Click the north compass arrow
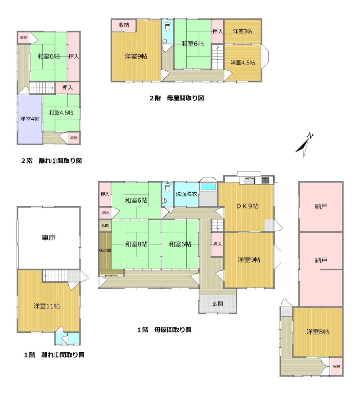click(x=304, y=145)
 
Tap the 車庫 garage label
click(x=49, y=237)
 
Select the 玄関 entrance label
click(x=217, y=304)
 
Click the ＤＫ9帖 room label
click(x=247, y=206)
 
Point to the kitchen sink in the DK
click(x=249, y=180)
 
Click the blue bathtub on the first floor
click(x=208, y=187)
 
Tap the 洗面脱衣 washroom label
click(x=186, y=194)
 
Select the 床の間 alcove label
click(x=105, y=250)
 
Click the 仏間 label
click(x=105, y=226)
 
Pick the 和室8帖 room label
click(x=136, y=244)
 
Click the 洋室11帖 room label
click(x=47, y=306)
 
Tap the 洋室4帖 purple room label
click(x=30, y=118)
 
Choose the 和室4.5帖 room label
click(x=61, y=113)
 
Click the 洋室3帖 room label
click(x=243, y=31)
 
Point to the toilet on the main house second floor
click(x=168, y=26)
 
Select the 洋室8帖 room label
click(x=318, y=331)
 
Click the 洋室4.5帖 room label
click(x=243, y=63)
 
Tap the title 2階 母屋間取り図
click(x=177, y=98)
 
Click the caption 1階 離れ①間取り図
click(x=54, y=355)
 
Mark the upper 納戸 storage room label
click(x=321, y=207)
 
